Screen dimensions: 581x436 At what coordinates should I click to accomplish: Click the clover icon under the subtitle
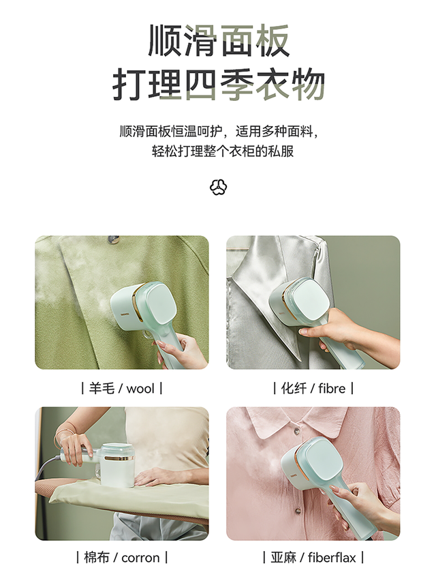click(x=218, y=186)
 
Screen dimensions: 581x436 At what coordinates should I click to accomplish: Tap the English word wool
click(x=140, y=389)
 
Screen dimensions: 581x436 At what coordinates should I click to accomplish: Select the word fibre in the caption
click(x=333, y=389)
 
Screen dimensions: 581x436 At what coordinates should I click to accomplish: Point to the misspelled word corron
click(x=140, y=558)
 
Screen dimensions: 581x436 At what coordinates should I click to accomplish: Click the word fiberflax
click(x=332, y=558)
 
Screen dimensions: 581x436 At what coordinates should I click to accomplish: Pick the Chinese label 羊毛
click(x=102, y=389)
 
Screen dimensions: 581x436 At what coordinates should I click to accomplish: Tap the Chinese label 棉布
click(x=96, y=558)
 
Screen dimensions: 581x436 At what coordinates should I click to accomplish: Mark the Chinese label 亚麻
click(x=283, y=558)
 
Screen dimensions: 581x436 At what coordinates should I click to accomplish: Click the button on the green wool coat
click(x=114, y=239)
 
